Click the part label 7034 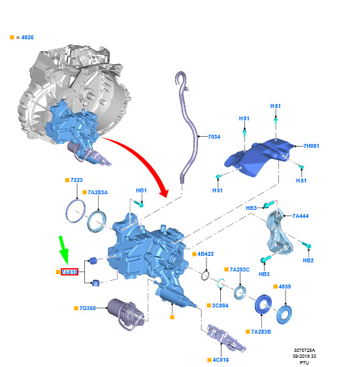coord(214,137)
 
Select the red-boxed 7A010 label coord(69,272)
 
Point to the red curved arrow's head coord(164,192)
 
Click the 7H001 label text coord(311,146)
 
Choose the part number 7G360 coord(88,308)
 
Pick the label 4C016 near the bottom coord(220,360)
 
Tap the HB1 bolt coord(139,203)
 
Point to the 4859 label coord(285,287)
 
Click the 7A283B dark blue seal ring coord(263,304)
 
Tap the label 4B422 coord(205,254)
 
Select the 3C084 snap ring coord(221,283)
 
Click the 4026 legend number coord(27,37)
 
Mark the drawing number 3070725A coord(304,351)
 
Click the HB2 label coord(308,260)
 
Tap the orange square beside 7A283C coord(226,270)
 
